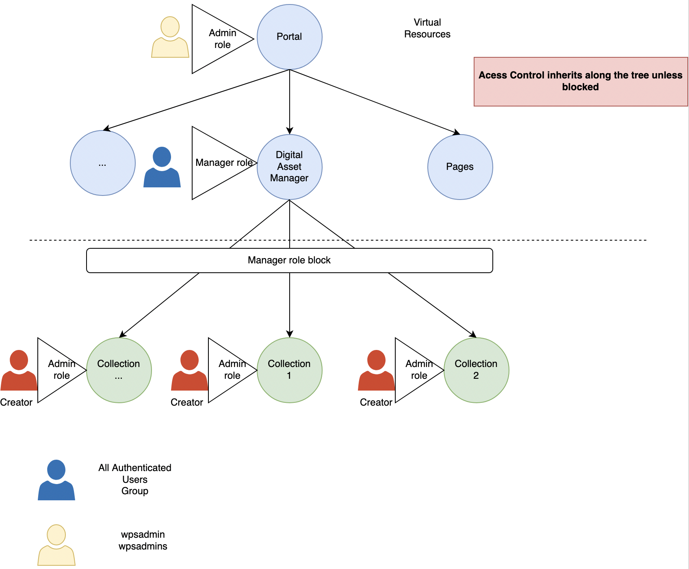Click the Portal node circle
click(289, 37)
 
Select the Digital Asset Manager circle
click(289, 167)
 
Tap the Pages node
click(460, 167)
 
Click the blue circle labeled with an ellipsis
click(102, 163)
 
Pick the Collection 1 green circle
click(289, 370)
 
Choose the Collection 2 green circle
click(476, 370)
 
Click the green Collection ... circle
click(119, 370)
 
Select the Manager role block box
click(289, 261)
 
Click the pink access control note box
click(581, 82)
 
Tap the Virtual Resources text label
click(427, 28)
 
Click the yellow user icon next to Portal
click(170, 37)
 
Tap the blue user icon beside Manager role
click(162, 167)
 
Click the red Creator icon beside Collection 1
click(189, 371)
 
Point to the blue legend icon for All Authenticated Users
click(56, 480)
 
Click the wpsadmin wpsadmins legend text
click(143, 540)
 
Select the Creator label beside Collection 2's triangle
click(376, 402)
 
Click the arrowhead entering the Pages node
click(457, 132)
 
